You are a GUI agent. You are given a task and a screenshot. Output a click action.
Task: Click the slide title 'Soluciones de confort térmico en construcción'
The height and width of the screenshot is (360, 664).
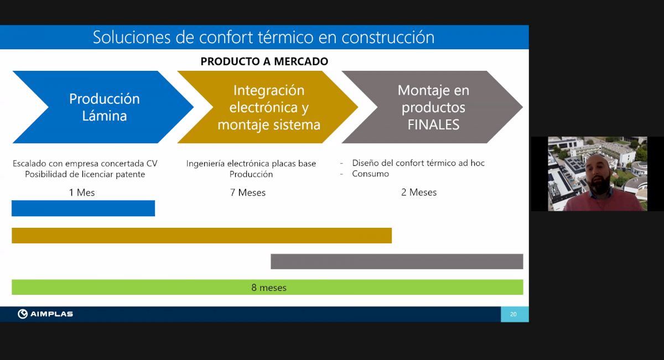click(263, 38)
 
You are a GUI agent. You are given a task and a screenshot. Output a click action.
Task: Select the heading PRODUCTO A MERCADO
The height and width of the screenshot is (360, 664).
click(264, 61)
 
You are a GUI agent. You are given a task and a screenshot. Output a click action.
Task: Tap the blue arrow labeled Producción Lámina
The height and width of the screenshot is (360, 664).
click(103, 107)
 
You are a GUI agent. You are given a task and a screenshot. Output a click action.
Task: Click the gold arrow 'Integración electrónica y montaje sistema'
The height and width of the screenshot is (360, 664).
click(268, 107)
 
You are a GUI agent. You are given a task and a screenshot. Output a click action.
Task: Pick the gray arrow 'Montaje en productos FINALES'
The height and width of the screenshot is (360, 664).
click(432, 107)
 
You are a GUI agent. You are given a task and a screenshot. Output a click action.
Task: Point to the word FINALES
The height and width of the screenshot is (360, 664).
click(433, 124)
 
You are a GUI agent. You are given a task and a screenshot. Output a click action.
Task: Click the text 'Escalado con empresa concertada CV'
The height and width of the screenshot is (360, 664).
click(85, 164)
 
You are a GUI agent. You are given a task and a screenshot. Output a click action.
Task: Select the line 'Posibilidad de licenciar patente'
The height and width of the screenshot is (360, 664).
click(85, 174)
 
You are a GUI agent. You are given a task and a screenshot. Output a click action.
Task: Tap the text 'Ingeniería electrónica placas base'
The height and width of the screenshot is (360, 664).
click(251, 164)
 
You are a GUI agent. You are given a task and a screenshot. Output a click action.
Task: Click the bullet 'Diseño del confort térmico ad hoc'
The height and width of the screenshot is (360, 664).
click(418, 163)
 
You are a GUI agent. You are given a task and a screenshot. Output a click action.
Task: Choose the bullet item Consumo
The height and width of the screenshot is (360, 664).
click(371, 174)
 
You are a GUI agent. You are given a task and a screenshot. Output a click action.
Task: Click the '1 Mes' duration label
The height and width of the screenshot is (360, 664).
click(82, 192)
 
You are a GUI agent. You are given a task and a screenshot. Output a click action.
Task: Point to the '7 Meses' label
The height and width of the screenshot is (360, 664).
click(248, 192)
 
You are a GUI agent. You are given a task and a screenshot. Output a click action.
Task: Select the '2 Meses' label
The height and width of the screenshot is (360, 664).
click(419, 192)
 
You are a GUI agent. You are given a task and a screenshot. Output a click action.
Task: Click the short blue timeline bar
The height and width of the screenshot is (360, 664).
click(84, 208)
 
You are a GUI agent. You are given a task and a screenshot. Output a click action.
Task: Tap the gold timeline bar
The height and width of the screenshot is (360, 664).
click(201, 236)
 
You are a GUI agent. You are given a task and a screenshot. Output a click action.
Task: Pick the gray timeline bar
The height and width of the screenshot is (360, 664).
click(397, 262)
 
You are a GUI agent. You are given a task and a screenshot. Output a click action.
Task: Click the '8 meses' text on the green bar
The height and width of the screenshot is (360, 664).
click(269, 288)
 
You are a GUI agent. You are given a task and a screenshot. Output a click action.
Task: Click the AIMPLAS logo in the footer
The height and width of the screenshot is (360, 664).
click(45, 314)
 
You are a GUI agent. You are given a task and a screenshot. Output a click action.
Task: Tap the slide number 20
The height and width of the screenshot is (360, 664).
click(513, 314)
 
